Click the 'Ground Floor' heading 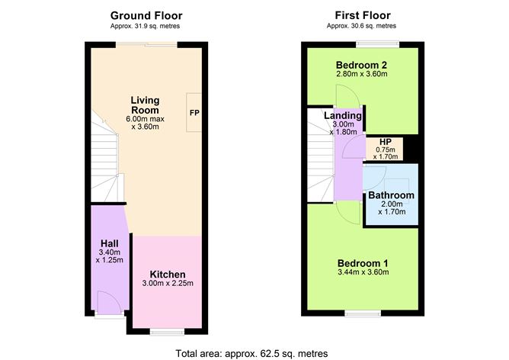[146, 15]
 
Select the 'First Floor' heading [363, 15]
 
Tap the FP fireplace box [194, 113]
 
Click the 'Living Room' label [146, 105]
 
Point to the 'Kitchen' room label [168, 275]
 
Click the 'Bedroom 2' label [363, 64]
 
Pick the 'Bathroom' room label [391, 196]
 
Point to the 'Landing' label [342, 115]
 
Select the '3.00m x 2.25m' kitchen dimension [168, 284]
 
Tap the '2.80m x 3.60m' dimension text [363, 74]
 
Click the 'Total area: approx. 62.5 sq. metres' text [251, 353]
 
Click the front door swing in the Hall [108, 303]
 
